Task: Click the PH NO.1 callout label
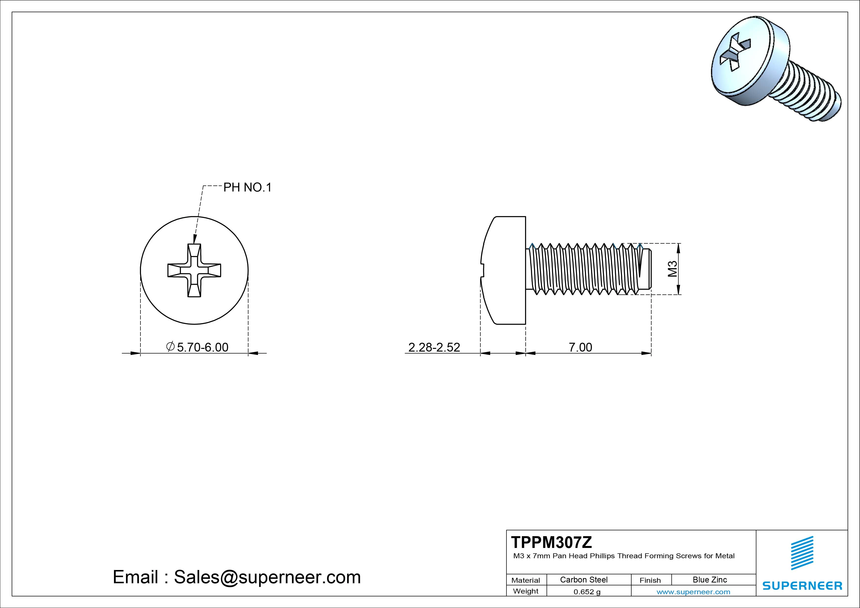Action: tap(247, 187)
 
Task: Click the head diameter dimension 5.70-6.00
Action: tap(202, 347)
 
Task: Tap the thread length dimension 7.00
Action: tap(580, 347)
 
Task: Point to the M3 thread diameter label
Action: tap(672, 269)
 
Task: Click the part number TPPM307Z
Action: tap(551, 542)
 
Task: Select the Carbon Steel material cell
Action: tap(583, 580)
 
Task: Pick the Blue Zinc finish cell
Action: tap(709, 580)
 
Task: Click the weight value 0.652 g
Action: tap(587, 592)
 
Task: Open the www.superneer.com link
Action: tap(693, 592)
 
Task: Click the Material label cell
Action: tap(526, 580)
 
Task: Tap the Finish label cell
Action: tap(650, 580)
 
